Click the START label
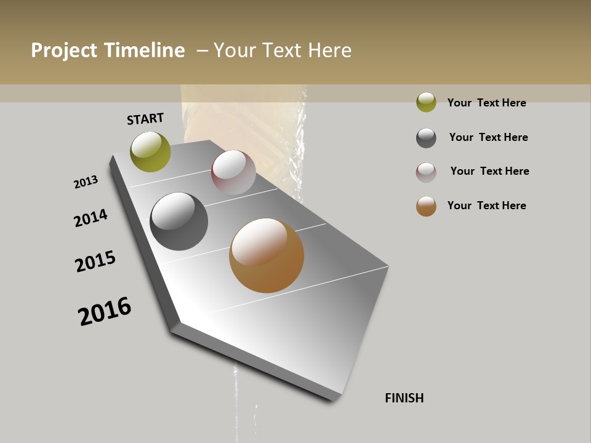click(x=145, y=119)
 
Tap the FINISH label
click(x=404, y=398)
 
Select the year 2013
click(x=86, y=182)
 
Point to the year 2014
click(x=90, y=218)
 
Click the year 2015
click(x=95, y=261)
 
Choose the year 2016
click(x=105, y=312)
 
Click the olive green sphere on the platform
click(x=150, y=151)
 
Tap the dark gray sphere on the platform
click(x=179, y=221)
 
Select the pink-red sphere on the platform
click(x=233, y=172)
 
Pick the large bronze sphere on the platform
click(x=267, y=255)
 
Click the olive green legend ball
click(x=426, y=102)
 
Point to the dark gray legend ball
click(x=426, y=138)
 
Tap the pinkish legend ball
click(x=426, y=172)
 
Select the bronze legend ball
click(x=426, y=206)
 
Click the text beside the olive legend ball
click(x=486, y=103)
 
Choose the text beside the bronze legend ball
click(x=486, y=206)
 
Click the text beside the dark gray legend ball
click(x=488, y=137)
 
